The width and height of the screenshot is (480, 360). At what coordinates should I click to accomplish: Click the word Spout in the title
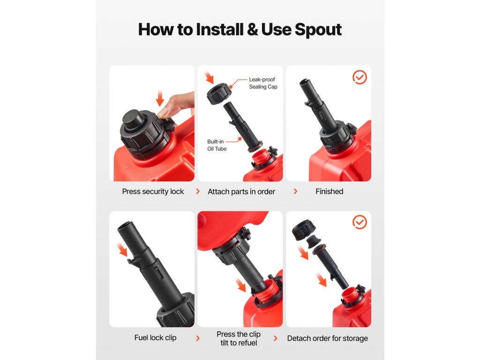pyautogui.click(x=318, y=30)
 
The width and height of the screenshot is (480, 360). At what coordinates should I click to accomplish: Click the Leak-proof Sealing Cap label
pyautogui.click(x=263, y=83)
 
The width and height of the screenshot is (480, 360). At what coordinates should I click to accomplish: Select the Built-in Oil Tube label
pyautogui.click(x=217, y=145)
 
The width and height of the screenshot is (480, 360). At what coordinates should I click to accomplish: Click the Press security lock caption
pyautogui.click(x=153, y=192)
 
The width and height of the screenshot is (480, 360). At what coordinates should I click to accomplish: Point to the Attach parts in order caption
pyautogui.click(x=241, y=192)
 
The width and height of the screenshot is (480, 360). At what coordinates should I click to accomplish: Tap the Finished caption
pyautogui.click(x=329, y=191)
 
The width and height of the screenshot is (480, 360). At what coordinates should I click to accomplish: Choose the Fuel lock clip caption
pyautogui.click(x=155, y=337)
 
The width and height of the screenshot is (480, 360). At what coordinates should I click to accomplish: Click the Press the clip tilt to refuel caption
pyautogui.click(x=239, y=338)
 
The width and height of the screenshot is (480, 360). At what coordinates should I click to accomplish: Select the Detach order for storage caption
pyautogui.click(x=327, y=338)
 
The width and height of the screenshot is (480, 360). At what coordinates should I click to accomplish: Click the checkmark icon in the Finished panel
pyautogui.click(x=360, y=77)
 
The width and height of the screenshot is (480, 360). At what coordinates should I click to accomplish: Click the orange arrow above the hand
pyautogui.click(x=160, y=98)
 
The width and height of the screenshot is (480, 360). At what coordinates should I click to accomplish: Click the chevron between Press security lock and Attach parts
pyautogui.click(x=198, y=191)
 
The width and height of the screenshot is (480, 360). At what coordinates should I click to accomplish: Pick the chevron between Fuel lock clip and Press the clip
pyautogui.click(x=198, y=338)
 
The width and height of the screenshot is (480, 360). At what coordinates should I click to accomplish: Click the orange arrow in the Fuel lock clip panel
pyautogui.click(x=122, y=249)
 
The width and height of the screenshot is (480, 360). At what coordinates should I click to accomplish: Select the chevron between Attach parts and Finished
pyautogui.click(x=295, y=191)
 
